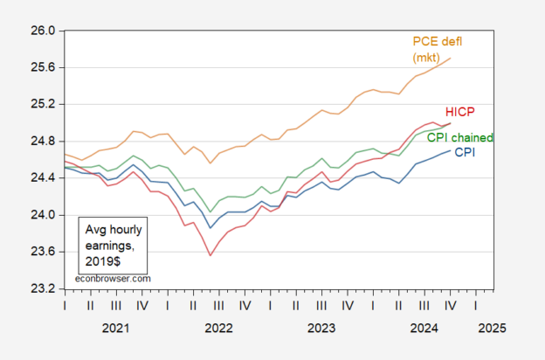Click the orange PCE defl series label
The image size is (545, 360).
coord(436,40)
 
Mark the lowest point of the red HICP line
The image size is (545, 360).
coord(210,255)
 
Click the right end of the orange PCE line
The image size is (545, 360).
coord(451,58)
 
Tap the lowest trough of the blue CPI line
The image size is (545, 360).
coord(210,228)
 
